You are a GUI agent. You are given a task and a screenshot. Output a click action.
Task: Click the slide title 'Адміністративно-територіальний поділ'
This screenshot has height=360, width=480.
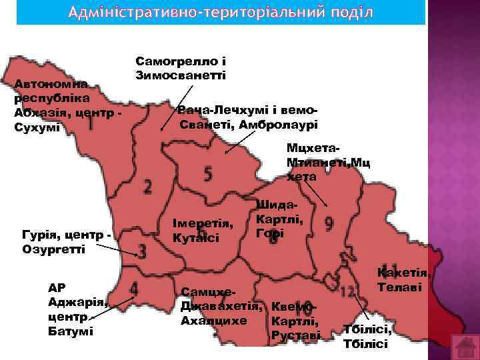[x=220, y=13]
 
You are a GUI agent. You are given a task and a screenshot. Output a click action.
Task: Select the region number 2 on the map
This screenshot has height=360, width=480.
[x=147, y=185]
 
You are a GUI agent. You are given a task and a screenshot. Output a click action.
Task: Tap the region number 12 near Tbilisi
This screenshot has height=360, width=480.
[x=347, y=291]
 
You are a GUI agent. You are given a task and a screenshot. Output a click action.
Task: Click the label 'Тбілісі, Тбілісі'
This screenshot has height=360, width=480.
[x=366, y=337]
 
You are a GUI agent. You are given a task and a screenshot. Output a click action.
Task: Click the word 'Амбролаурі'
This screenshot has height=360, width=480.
[x=279, y=125]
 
